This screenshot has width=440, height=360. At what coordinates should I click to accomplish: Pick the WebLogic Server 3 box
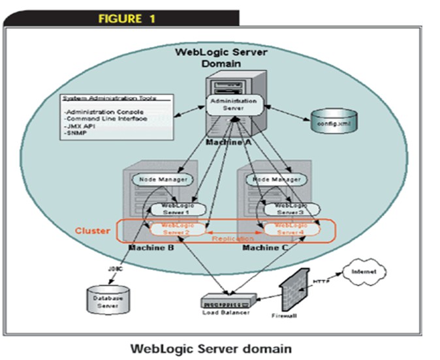[285, 209]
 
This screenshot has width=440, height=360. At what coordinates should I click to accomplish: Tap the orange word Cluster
[92, 232]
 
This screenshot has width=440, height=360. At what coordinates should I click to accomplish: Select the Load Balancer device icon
[227, 301]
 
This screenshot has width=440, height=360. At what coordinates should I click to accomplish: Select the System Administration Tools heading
[109, 98]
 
